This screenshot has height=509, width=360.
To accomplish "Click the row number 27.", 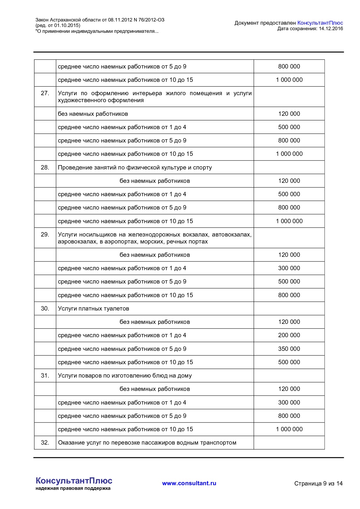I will (45, 93).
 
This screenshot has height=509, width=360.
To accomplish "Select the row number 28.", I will (45, 167).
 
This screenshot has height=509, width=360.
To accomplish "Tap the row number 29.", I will (45, 234).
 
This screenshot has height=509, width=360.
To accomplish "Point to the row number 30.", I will (45, 308).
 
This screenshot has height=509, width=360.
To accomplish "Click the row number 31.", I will (45, 376).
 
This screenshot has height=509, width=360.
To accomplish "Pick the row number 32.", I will (45, 443).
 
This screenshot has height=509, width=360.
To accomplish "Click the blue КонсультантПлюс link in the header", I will (320, 23).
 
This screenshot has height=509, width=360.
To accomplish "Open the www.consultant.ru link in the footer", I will (189, 483).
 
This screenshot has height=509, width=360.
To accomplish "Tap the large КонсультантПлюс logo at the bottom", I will (74, 481).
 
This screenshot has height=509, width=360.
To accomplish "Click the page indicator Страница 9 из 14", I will (318, 483).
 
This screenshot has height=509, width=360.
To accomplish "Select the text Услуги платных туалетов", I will (93, 308).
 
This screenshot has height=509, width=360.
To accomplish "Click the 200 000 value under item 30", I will (289, 335).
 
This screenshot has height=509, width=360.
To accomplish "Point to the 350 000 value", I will (289, 349).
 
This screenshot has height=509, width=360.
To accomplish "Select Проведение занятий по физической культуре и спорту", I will (135, 167).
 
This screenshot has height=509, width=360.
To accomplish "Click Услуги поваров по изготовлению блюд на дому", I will (125, 376).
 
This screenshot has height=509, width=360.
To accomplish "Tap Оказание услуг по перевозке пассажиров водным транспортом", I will (147, 443).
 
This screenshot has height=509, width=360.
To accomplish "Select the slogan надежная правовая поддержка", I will (73, 488).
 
